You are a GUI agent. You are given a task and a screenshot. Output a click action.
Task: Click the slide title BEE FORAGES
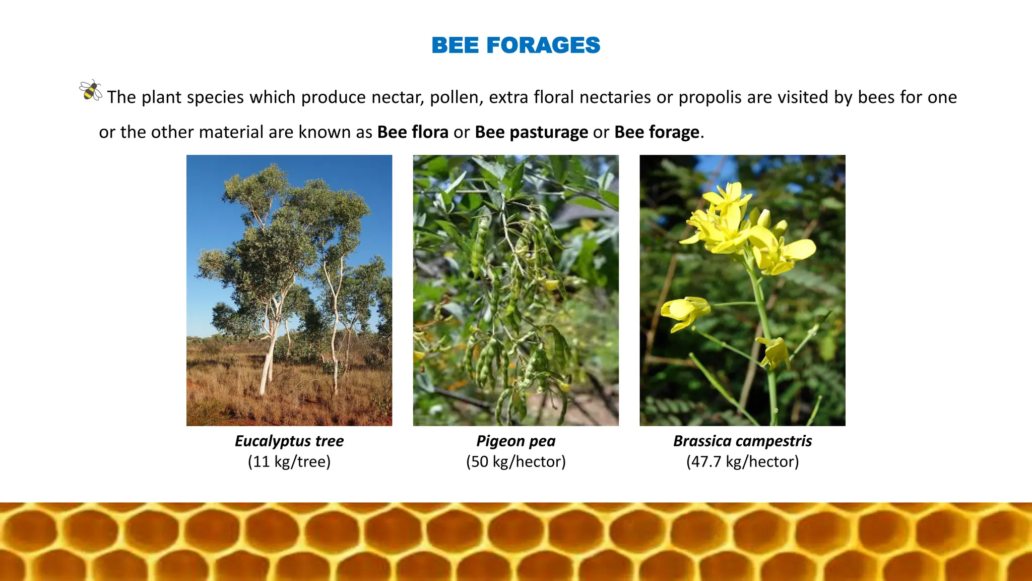click(x=515, y=45)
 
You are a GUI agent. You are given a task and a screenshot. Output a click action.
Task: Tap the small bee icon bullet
click(x=91, y=91)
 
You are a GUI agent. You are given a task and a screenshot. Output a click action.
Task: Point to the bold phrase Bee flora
click(x=412, y=132)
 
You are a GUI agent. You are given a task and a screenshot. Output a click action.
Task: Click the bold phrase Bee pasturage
click(x=531, y=132)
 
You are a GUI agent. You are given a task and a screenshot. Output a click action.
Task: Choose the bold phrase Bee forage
click(x=657, y=132)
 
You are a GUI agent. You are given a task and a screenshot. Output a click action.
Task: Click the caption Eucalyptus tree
click(x=289, y=441)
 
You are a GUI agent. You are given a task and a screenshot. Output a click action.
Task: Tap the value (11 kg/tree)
click(x=289, y=462)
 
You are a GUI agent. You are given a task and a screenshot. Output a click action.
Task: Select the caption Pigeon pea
click(x=515, y=441)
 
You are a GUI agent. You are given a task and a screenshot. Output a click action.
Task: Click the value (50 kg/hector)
click(x=515, y=462)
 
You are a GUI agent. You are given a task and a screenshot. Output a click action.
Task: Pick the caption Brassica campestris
click(x=742, y=441)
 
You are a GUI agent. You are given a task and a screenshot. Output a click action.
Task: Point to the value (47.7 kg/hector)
click(x=742, y=462)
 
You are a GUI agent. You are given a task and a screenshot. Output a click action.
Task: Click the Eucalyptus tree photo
click(x=289, y=290)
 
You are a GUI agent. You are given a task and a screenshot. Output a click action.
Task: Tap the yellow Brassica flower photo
click(x=742, y=290)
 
